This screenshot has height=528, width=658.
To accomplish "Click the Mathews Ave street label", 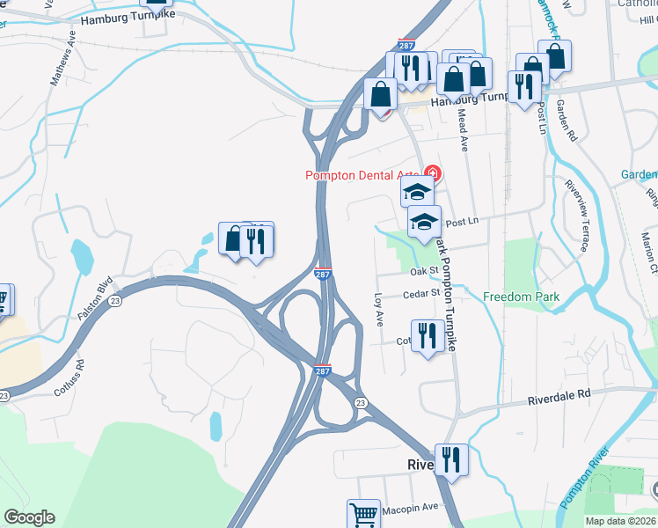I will (64, 60).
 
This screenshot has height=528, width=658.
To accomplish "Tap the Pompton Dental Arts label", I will (362, 175).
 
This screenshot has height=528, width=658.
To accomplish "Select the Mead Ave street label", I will (462, 132).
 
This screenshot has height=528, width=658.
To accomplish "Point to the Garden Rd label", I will (567, 121).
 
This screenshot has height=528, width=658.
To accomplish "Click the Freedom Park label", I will (521, 297).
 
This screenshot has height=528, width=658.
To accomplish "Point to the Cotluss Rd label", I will (69, 376).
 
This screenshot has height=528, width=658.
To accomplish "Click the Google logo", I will (29, 517).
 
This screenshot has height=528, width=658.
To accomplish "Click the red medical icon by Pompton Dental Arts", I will (431, 172).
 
